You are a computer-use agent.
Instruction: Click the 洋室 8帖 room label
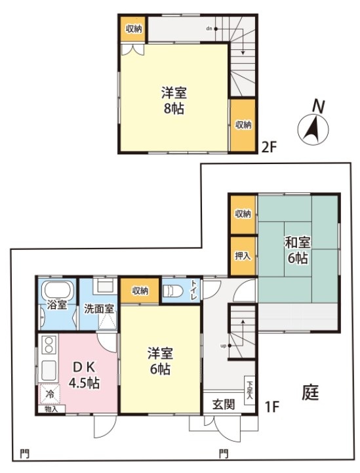click(x=174, y=100)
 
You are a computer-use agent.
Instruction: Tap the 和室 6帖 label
click(x=298, y=251)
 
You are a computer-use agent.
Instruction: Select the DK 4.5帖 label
click(x=84, y=375)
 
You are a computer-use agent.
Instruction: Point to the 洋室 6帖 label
click(x=160, y=361)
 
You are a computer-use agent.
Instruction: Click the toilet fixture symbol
click(x=173, y=291)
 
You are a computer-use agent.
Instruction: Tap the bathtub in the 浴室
click(x=59, y=290)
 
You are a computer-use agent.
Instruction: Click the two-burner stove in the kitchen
click(x=49, y=345)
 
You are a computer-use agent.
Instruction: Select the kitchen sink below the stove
click(x=49, y=371)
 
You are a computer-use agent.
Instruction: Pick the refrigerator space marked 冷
click(x=50, y=394)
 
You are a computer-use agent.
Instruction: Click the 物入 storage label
click(x=51, y=409)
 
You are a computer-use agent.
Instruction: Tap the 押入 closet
click(x=243, y=256)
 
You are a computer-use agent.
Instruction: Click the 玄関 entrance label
click(x=224, y=404)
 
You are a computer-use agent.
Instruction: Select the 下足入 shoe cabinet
click(x=250, y=390)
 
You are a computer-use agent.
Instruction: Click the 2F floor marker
click(x=269, y=148)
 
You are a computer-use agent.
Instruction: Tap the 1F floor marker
click(x=272, y=407)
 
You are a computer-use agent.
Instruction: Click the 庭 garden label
click(x=310, y=392)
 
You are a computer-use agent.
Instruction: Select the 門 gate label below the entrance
click(x=224, y=453)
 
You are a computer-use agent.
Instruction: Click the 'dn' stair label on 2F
click(x=210, y=29)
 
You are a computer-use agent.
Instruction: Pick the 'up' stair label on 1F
click(x=224, y=346)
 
